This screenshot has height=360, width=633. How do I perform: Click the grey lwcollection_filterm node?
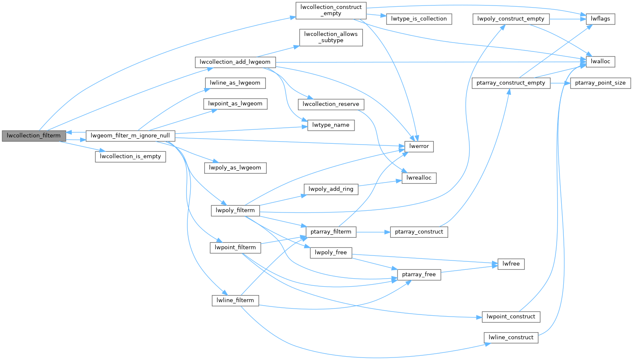click(34, 136)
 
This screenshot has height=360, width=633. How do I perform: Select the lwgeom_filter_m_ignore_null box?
click(130, 136)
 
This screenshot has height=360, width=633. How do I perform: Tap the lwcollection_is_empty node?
click(130, 156)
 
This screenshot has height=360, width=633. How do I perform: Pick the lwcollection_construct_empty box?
click(331, 10)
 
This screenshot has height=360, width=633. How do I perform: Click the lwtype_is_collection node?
click(419, 19)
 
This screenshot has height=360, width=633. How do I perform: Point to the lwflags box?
click(600, 19)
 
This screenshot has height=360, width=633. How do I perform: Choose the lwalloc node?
click(600, 62)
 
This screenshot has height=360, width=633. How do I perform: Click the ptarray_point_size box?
click(600, 83)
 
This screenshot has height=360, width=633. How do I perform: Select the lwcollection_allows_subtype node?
click(331, 37)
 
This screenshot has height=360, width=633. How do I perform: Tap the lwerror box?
click(419, 146)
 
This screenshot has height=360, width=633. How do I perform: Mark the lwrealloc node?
click(419, 178)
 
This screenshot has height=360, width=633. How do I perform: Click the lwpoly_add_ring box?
click(331, 189)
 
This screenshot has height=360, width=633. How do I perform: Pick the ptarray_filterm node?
click(331, 232)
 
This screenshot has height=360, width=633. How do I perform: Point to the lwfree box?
click(511, 264)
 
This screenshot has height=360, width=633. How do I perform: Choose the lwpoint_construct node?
click(511, 317)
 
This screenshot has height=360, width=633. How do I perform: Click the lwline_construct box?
click(511, 338)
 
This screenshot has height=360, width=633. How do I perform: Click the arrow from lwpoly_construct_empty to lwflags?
click(568, 19)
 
